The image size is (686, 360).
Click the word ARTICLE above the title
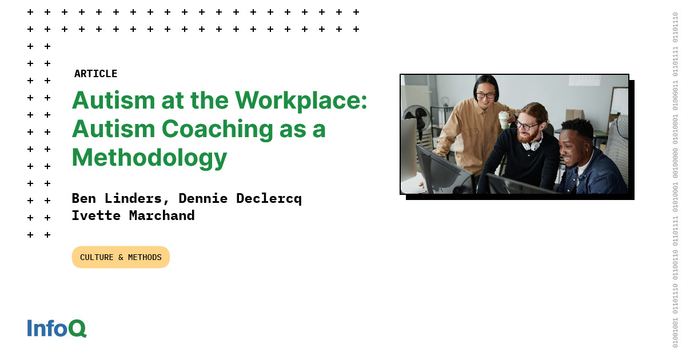click(x=95, y=74)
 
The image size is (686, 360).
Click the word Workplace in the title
click(x=301, y=101)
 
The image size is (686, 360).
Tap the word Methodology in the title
click(x=149, y=157)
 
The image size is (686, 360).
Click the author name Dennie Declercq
click(x=240, y=198)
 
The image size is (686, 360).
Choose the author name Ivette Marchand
click(x=133, y=215)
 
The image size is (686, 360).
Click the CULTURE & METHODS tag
click(x=121, y=257)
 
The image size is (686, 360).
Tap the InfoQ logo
click(x=57, y=328)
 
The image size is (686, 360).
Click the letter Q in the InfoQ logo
click(x=77, y=328)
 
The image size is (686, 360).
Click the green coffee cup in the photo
click(x=504, y=119)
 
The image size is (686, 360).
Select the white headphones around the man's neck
click(x=533, y=143)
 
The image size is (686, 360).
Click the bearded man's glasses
click(x=528, y=125)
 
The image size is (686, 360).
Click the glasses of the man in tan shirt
click(x=485, y=96)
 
